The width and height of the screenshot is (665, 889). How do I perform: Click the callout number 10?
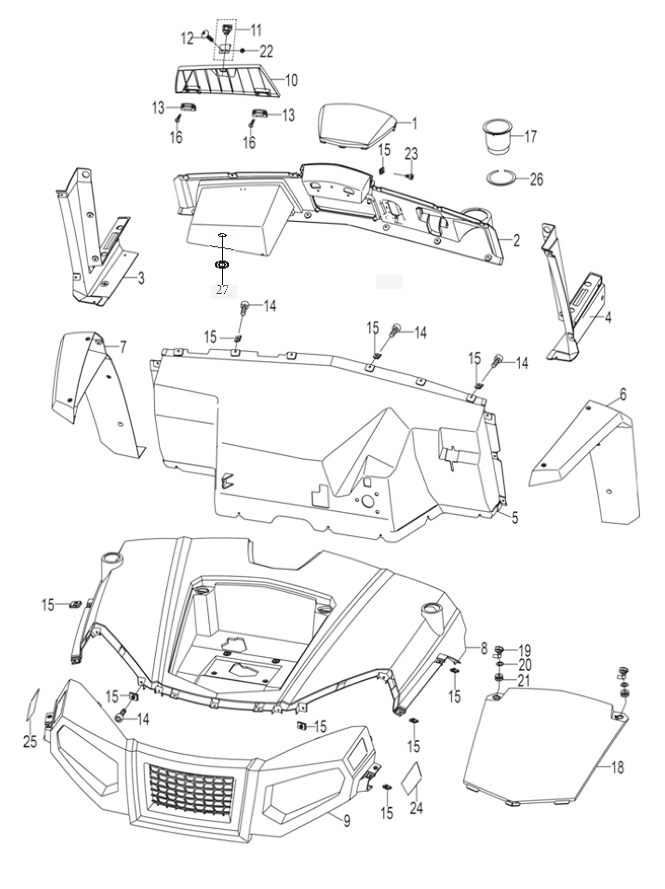click(x=291, y=80)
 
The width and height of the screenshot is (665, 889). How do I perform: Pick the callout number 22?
click(x=266, y=51)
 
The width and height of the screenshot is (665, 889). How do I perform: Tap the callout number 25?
click(x=30, y=742)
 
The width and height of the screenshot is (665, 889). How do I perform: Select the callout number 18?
click(x=618, y=768)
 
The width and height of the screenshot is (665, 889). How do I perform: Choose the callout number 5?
click(x=515, y=517)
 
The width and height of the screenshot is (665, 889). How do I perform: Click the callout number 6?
click(x=623, y=395)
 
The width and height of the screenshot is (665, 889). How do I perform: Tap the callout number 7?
click(x=122, y=346)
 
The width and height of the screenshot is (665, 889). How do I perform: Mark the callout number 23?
click(x=411, y=154)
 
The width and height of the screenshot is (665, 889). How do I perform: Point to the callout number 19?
click(x=525, y=650)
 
